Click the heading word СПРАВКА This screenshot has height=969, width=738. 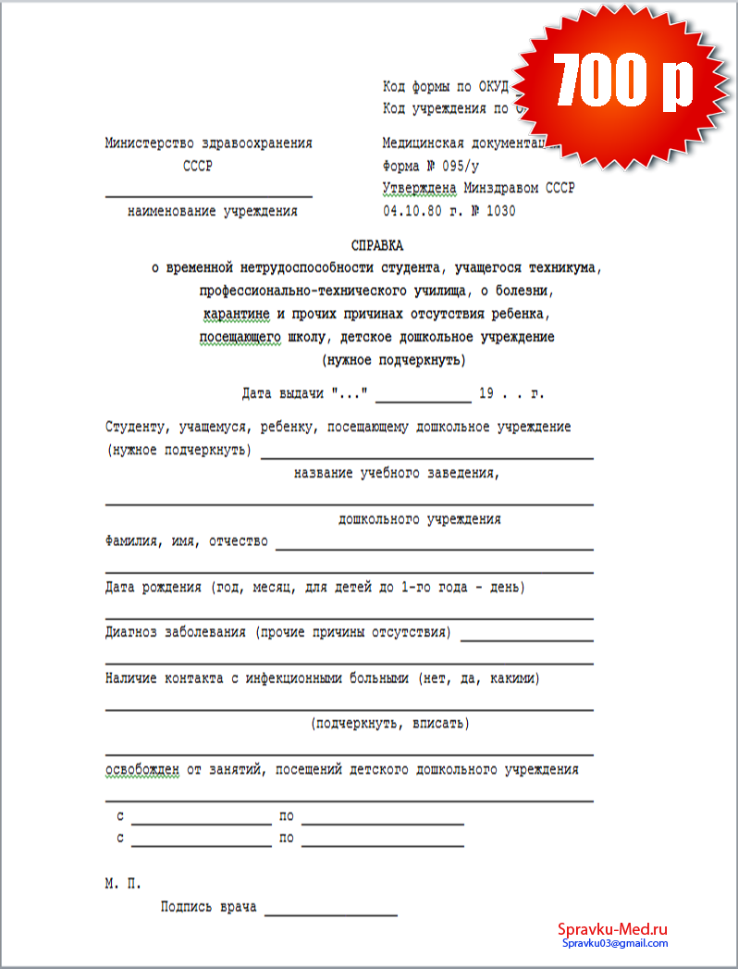(x=377, y=246)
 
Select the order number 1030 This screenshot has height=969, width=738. (x=500, y=211)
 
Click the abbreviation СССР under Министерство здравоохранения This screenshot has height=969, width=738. (x=198, y=167)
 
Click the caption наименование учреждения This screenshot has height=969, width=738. (x=213, y=211)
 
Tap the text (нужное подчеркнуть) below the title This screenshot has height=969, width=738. (x=393, y=359)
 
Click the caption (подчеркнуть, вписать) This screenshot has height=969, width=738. (x=390, y=724)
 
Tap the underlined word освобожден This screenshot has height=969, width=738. (x=141, y=769)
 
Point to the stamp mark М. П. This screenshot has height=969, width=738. (x=123, y=884)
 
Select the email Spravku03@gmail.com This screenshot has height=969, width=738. (x=614, y=943)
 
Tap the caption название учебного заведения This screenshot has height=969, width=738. (x=397, y=473)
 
